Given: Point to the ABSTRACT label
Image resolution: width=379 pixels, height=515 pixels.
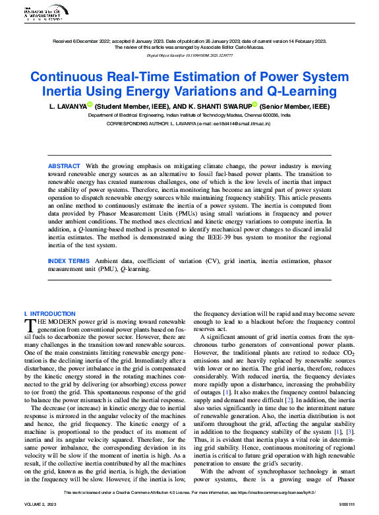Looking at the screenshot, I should coord(64,166).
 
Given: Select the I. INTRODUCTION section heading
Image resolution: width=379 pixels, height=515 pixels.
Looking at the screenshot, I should coord(49,314).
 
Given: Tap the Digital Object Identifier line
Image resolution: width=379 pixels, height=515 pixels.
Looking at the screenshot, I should coord(189,55).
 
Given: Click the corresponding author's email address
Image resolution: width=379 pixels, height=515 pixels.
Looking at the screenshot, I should coord(238,123).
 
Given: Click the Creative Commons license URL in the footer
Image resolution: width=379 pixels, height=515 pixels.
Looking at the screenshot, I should coord(285,492).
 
